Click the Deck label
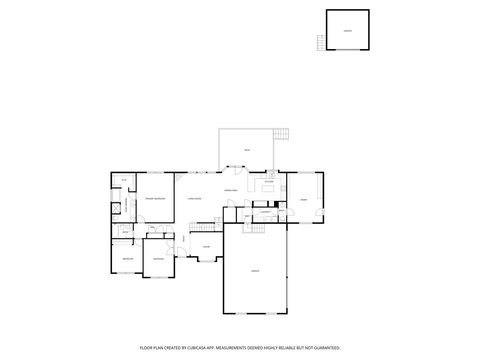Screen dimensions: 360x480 tap(247, 151)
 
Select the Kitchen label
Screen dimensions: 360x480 tap(269, 181)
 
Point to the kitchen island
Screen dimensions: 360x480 tap(268, 188)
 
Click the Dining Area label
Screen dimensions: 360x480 tap(230, 190)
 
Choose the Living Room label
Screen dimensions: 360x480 tap(194, 199)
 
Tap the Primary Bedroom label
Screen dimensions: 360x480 tap(154, 199)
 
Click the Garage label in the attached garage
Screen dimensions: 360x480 tap(255, 271)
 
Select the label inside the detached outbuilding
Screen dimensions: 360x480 tap(347, 31)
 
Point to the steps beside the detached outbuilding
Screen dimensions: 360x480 tap(321, 42)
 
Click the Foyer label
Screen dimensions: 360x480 tap(206, 246)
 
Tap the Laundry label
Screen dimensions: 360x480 tap(266, 213)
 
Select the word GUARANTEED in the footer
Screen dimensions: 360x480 tap(322, 347)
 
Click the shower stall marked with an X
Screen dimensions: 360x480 tap(117, 208)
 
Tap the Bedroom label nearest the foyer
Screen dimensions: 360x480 tap(157, 259)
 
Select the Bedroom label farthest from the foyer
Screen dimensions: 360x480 tap(127, 259)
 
